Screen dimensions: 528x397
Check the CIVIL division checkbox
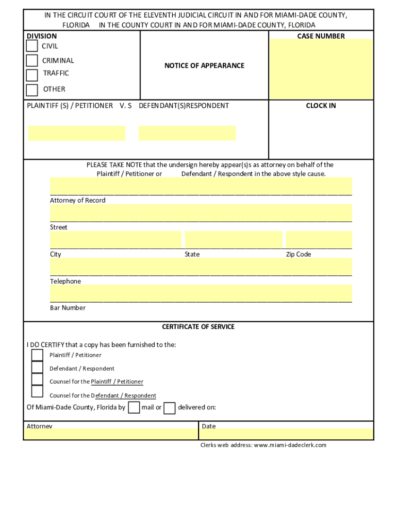(x=32, y=46)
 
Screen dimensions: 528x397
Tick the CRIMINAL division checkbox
(x=32, y=60)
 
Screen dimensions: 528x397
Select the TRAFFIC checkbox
(x=32, y=75)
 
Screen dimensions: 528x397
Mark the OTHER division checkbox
(x=32, y=90)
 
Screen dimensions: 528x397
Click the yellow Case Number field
(x=321, y=69)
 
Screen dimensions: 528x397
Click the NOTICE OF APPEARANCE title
(x=204, y=65)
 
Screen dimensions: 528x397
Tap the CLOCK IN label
(x=321, y=106)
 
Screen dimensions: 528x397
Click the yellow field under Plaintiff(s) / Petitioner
(x=76, y=133)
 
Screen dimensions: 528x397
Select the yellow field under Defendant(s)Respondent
(x=187, y=133)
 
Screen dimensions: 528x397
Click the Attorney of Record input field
(x=201, y=186)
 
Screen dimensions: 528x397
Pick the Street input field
(x=201, y=212)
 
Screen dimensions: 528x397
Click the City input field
(x=115, y=240)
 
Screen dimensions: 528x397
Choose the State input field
(x=234, y=240)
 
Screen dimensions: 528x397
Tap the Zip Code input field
(x=319, y=240)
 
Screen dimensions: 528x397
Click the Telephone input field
(x=201, y=267)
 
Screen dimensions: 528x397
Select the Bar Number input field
(x=201, y=293)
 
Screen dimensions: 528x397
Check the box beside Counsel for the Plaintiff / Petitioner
(x=37, y=379)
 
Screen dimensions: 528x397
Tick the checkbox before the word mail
(x=134, y=408)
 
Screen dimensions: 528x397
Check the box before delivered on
(x=170, y=408)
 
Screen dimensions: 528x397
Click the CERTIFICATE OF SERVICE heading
(x=198, y=327)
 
